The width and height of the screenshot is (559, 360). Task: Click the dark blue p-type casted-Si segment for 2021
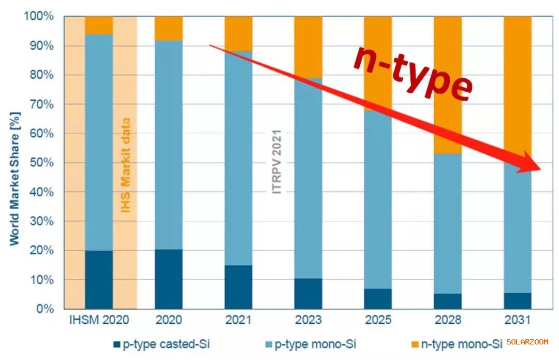[x=239, y=287]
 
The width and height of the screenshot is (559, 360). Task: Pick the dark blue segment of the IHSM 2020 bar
[x=99, y=280]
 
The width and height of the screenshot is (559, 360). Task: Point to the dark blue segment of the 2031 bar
[x=518, y=301]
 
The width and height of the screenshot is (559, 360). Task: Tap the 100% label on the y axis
[x=39, y=17]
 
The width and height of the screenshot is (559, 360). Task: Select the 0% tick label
[x=45, y=309]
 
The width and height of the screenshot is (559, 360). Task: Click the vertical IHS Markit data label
[x=125, y=166]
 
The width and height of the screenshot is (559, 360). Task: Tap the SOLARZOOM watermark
[x=527, y=342]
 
